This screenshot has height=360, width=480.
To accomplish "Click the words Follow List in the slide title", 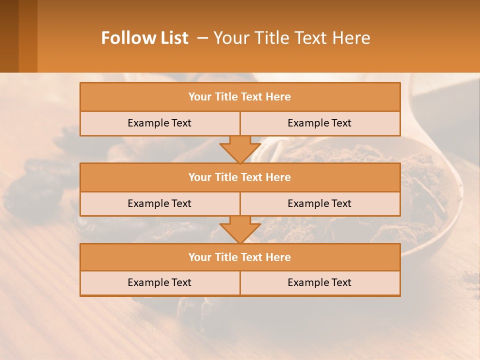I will pyautogui.click(x=144, y=38).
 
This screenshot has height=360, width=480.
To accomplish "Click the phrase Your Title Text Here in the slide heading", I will pyautogui.click(x=291, y=38).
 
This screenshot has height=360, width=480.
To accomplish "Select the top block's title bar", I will pyautogui.click(x=240, y=97).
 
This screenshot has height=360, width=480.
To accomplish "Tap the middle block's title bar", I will pyautogui.click(x=240, y=177).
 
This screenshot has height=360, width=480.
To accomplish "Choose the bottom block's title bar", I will pyautogui.click(x=240, y=257).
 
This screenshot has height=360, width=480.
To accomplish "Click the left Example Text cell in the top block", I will pyautogui.click(x=159, y=123).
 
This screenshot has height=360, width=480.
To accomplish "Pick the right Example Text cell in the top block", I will pyautogui.click(x=319, y=123).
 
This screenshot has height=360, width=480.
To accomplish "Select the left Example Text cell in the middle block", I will pyautogui.click(x=159, y=203).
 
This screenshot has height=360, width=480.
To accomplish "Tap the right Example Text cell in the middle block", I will pyautogui.click(x=319, y=203).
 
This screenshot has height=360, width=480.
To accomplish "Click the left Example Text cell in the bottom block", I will pyautogui.click(x=159, y=282).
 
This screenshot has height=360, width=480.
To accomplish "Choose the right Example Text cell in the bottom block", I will pyautogui.click(x=319, y=282).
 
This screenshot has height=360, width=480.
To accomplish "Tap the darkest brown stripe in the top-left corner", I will pyautogui.click(x=9, y=36).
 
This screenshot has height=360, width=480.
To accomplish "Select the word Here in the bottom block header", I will pyautogui.click(x=278, y=257).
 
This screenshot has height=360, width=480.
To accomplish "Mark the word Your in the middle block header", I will pyautogui.click(x=199, y=177).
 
